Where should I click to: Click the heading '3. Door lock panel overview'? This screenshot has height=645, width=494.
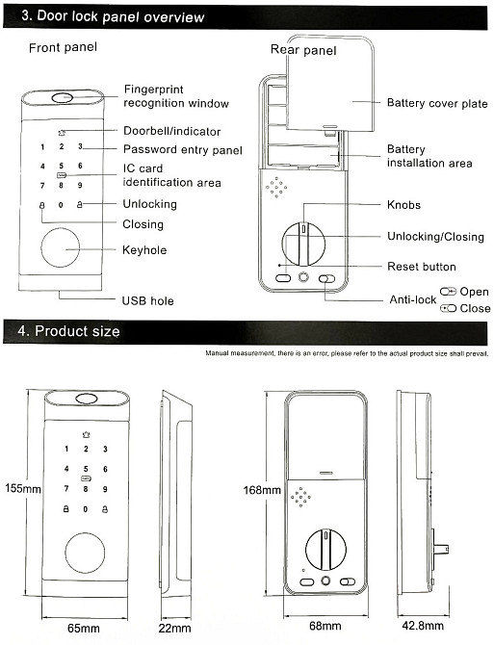pyautogui.click(x=113, y=16)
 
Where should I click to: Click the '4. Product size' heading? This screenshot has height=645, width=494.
pyautogui.click(x=68, y=331)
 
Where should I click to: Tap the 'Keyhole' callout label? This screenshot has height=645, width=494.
pyautogui.click(x=144, y=250)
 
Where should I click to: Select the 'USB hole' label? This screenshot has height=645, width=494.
pyautogui.click(x=147, y=300)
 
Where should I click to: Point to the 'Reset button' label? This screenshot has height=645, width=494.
pyautogui.click(x=422, y=267)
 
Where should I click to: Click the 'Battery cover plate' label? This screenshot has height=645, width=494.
pyautogui.click(x=437, y=103)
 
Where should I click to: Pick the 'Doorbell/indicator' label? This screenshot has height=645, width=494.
pyautogui.click(x=172, y=131)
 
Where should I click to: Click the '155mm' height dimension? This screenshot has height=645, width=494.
pyautogui.click(x=23, y=489)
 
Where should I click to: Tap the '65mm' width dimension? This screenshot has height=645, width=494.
pyautogui.click(x=84, y=628)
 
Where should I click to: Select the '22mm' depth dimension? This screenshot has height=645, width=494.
pyautogui.click(x=175, y=628)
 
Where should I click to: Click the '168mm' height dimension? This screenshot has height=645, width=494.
pyautogui.click(x=262, y=490)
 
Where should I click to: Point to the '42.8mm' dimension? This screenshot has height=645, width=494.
pyautogui.click(x=423, y=626)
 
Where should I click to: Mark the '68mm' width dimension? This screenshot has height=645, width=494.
pyautogui.click(x=325, y=626)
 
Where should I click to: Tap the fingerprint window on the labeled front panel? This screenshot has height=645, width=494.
pyautogui.click(x=63, y=98)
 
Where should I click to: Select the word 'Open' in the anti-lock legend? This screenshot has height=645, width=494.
pyautogui.click(x=474, y=292)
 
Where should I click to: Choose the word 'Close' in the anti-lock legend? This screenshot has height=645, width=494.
pyautogui.click(x=475, y=308)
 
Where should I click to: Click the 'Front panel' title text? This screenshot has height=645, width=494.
pyautogui.click(x=63, y=48)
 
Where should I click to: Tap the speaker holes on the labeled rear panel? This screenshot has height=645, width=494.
pyautogui.click(x=276, y=188)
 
